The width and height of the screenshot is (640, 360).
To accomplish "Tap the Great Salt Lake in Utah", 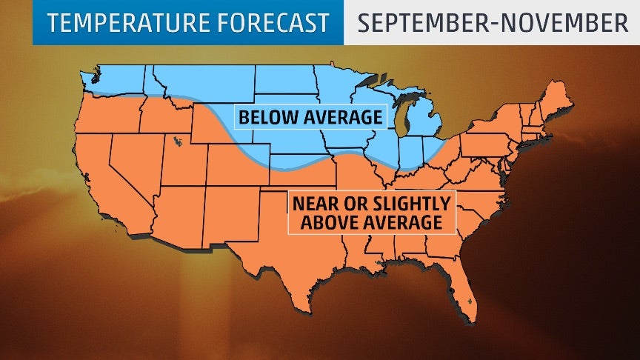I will [x=175, y=141].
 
